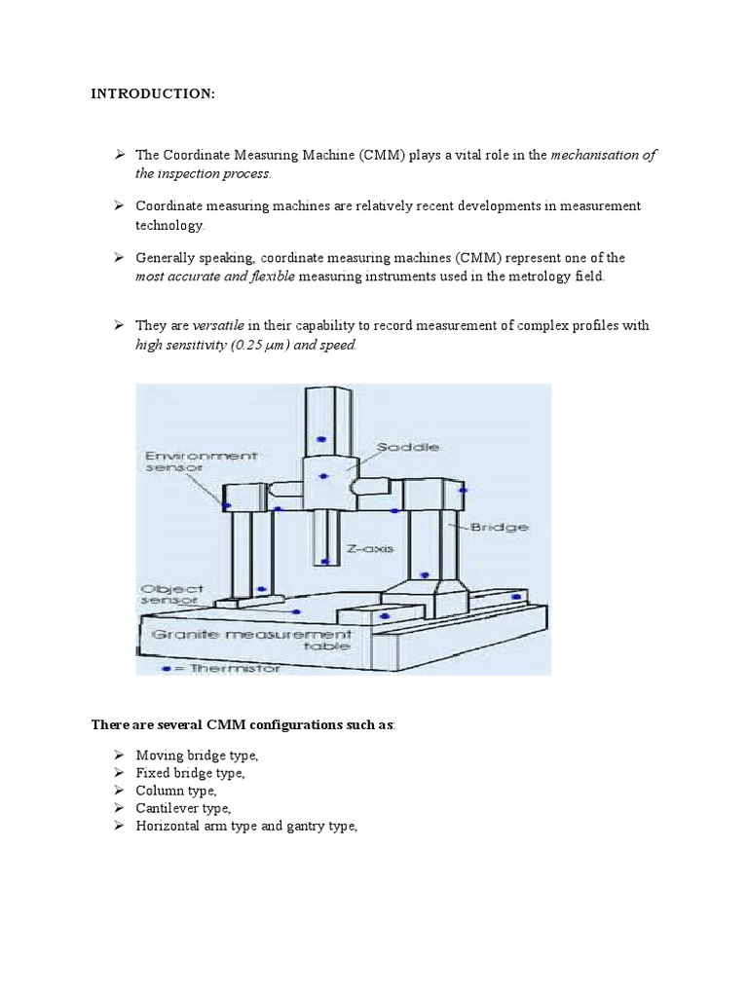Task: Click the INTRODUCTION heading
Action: coord(153,93)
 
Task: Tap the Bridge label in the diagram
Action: coord(500,527)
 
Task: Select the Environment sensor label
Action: coord(202,461)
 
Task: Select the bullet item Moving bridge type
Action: coord(197,755)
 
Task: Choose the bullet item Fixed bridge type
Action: coord(190,772)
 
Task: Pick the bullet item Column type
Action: coord(176,791)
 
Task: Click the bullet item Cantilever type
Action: coord(183,808)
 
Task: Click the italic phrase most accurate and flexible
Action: coord(214,277)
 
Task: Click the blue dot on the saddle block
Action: coord(325,475)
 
